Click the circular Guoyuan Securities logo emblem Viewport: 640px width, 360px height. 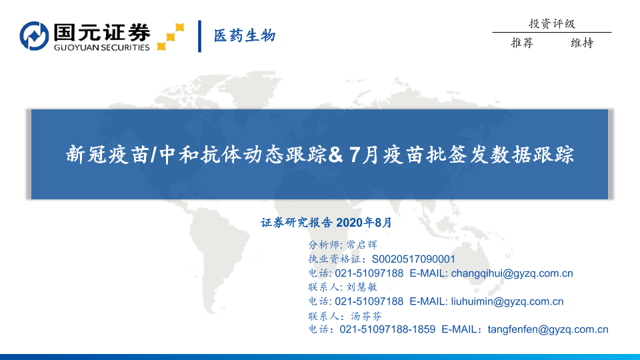point(34,36)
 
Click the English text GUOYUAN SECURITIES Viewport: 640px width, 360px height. point(101,48)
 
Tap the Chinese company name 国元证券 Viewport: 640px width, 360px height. point(102,32)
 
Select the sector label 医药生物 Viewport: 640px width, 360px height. point(245,36)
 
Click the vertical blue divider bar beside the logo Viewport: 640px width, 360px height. point(199,36)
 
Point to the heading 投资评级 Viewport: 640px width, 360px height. point(552,24)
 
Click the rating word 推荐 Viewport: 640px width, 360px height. point(522,43)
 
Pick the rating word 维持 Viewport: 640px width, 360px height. point(582,43)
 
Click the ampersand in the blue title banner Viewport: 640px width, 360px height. point(335,155)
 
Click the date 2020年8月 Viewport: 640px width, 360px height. point(364,223)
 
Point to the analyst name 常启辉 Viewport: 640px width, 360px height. point(361,245)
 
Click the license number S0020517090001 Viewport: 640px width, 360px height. point(413,259)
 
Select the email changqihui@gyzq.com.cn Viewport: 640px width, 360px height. point(512,273)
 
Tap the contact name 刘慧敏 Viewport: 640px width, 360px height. point(361,287)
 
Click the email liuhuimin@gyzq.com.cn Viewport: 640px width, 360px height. point(507,301)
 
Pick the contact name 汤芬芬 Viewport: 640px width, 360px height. point(366,316)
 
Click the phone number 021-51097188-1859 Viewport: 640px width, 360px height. point(387,329)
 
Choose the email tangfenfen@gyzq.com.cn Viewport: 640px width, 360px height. point(548,330)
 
